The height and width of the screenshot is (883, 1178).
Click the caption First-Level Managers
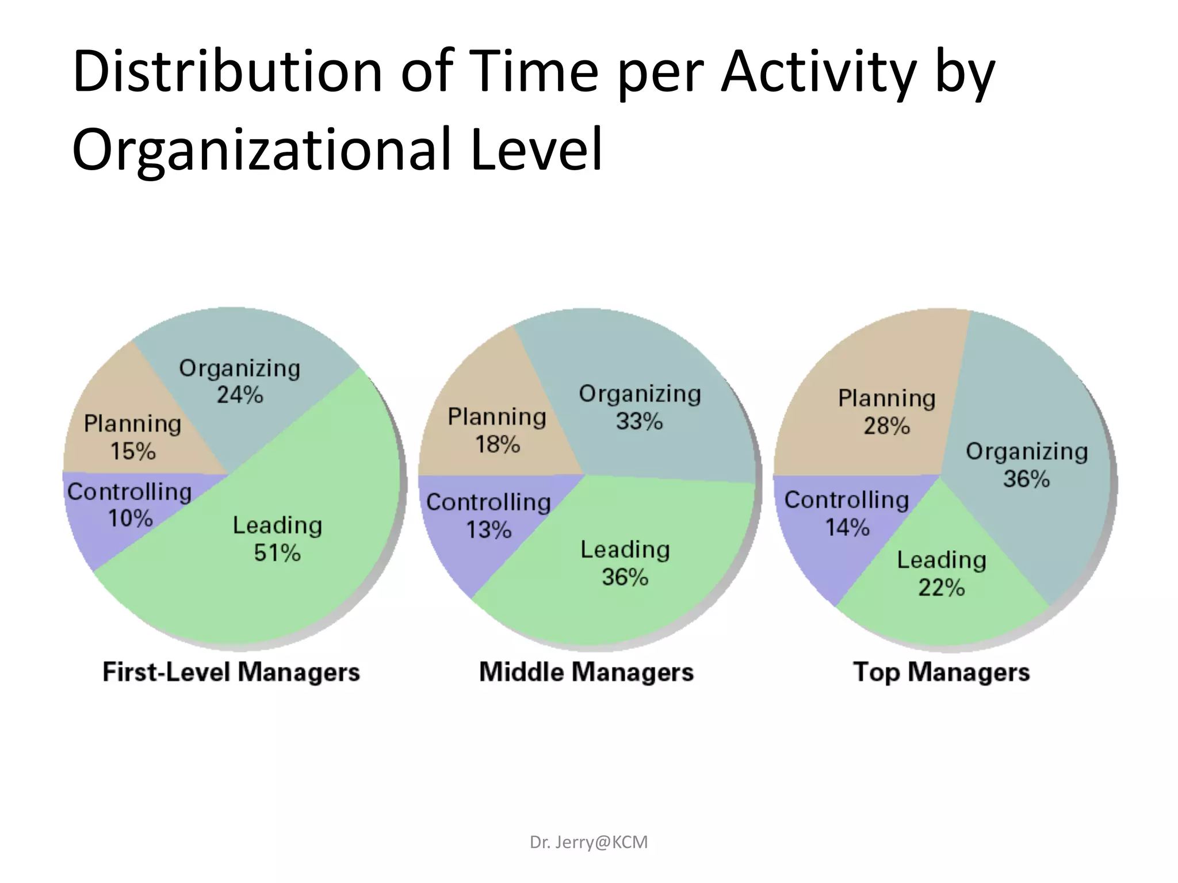(x=231, y=672)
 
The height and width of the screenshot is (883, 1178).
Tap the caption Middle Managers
(x=586, y=672)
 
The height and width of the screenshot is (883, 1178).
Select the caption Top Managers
(x=941, y=672)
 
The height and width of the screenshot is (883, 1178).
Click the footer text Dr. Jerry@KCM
(x=588, y=842)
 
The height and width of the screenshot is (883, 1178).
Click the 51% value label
(x=277, y=553)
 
